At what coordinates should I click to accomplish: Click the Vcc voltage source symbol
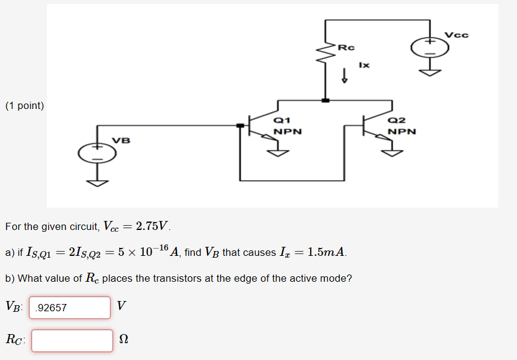[430, 48]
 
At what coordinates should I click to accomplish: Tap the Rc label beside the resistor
[347, 47]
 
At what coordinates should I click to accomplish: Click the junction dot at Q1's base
[240, 125]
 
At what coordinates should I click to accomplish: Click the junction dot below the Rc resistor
[326, 101]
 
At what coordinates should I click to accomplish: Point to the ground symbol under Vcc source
[430, 73]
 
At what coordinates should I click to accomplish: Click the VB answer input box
[70, 308]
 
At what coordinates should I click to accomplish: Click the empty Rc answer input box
[72, 340]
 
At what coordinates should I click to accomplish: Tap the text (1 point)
[25, 106]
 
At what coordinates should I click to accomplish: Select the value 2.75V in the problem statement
[153, 226]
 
